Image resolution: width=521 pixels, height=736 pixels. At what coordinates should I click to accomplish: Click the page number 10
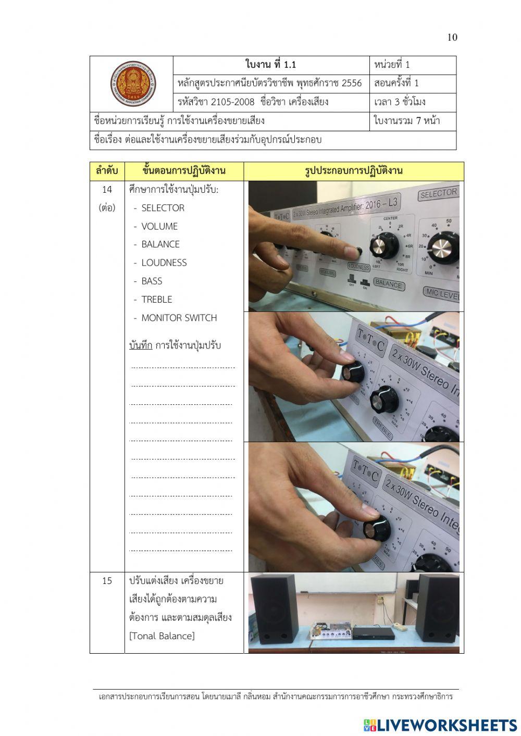(x=452, y=37)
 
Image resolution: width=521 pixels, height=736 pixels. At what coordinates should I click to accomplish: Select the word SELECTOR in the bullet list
(x=163, y=208)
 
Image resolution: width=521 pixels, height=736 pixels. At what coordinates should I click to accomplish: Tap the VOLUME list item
(x=159, y=226)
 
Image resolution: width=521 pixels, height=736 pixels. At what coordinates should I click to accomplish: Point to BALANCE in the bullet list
(x=160, y=244)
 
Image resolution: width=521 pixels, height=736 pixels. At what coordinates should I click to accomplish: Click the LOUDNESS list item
(x=164, y=263)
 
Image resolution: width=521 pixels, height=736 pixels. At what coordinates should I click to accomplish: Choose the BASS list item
(x=152, y=281)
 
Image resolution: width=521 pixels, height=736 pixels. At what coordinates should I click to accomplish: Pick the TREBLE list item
(x=156, y=300)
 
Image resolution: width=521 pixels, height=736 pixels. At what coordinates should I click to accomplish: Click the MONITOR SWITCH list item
(x=179, y=318)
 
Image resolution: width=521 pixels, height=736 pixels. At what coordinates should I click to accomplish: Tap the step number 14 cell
(x=107, y=190)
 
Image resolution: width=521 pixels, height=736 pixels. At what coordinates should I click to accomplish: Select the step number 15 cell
(x=107, y=581)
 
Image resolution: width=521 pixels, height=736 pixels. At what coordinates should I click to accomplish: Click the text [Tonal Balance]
(x=162, y=636)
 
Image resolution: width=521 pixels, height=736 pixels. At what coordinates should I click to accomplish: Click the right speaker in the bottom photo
(x=438, y=608)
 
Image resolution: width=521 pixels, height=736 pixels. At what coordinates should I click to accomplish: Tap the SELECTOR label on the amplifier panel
(x=438, y=194)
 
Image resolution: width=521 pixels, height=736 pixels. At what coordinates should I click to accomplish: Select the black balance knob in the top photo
(x=381, y=244)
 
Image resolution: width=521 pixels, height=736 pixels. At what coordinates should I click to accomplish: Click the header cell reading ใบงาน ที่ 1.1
(x=271, y=65)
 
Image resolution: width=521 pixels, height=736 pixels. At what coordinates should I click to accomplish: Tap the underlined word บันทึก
(x=141, y=345)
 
